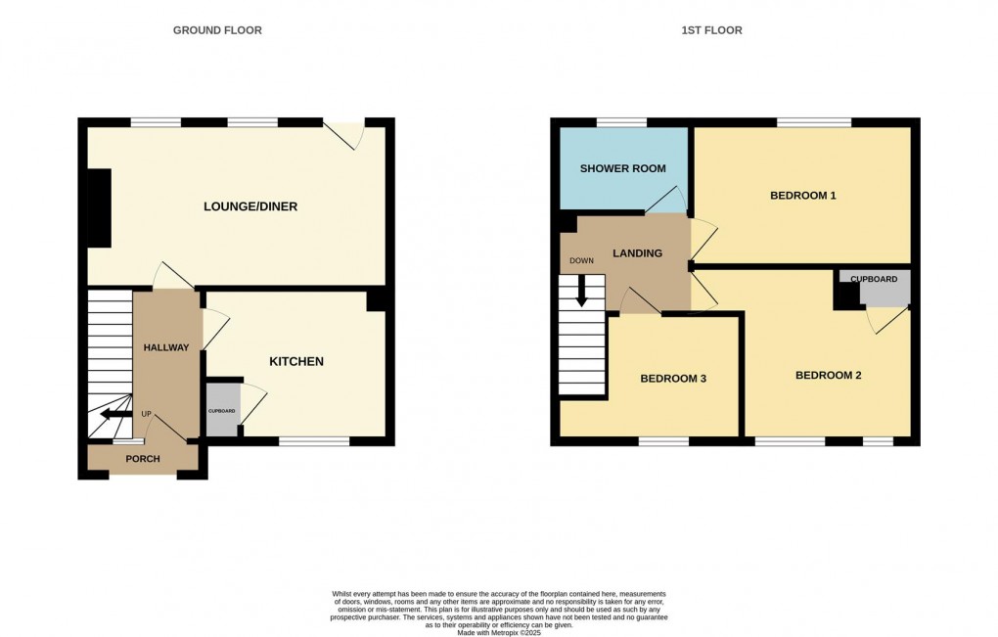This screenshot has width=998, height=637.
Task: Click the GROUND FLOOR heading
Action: coord(217,30)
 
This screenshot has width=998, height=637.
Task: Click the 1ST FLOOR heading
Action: coord(711,30)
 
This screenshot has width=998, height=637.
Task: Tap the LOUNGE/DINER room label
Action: coord(250,206)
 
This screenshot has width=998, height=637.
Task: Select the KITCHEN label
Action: coord(296,362)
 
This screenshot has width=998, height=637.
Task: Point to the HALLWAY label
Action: coord(166,348)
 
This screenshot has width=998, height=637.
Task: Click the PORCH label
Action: coord(143,459)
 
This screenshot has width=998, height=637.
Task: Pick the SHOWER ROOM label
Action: coord(622,168)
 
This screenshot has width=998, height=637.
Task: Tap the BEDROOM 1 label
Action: coord(802,196)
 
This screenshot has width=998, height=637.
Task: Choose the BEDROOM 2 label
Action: coord(828,376)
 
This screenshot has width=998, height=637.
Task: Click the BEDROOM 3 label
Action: coord(673,379)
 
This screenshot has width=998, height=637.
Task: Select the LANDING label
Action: coord(637,253)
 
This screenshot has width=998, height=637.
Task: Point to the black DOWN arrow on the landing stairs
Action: coord(582,292)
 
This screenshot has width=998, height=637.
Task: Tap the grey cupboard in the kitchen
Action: coord(221,409)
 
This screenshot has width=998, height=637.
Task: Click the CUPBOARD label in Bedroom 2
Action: coord(874,280)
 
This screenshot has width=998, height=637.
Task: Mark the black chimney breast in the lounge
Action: coord(98,208)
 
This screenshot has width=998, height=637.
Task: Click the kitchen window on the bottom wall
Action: coord(314,441)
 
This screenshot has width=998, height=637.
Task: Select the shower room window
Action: coord(621,122)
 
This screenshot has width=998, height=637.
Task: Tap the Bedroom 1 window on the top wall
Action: coord(814,122)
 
